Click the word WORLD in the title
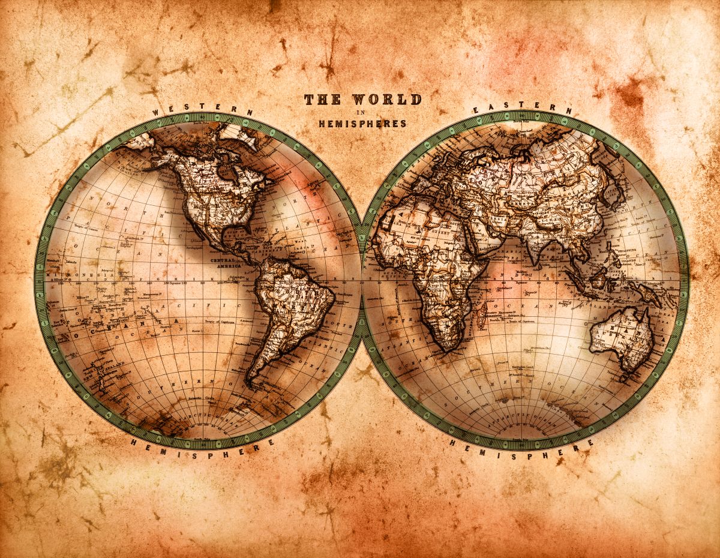pos(386,100)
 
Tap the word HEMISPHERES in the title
pos(362,124)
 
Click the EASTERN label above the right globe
pos(523,108)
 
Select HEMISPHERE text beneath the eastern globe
pos(523,451)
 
